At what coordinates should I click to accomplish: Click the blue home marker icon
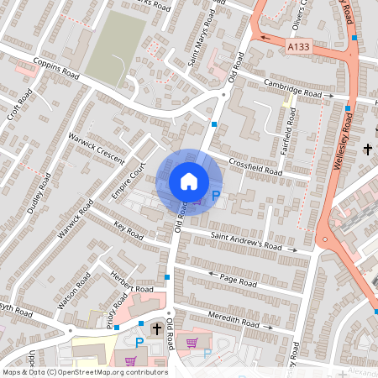(x=189, y=180)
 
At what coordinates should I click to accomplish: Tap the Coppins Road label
(x=55, y=68)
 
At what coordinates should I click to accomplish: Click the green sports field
(x=117, y=46)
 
